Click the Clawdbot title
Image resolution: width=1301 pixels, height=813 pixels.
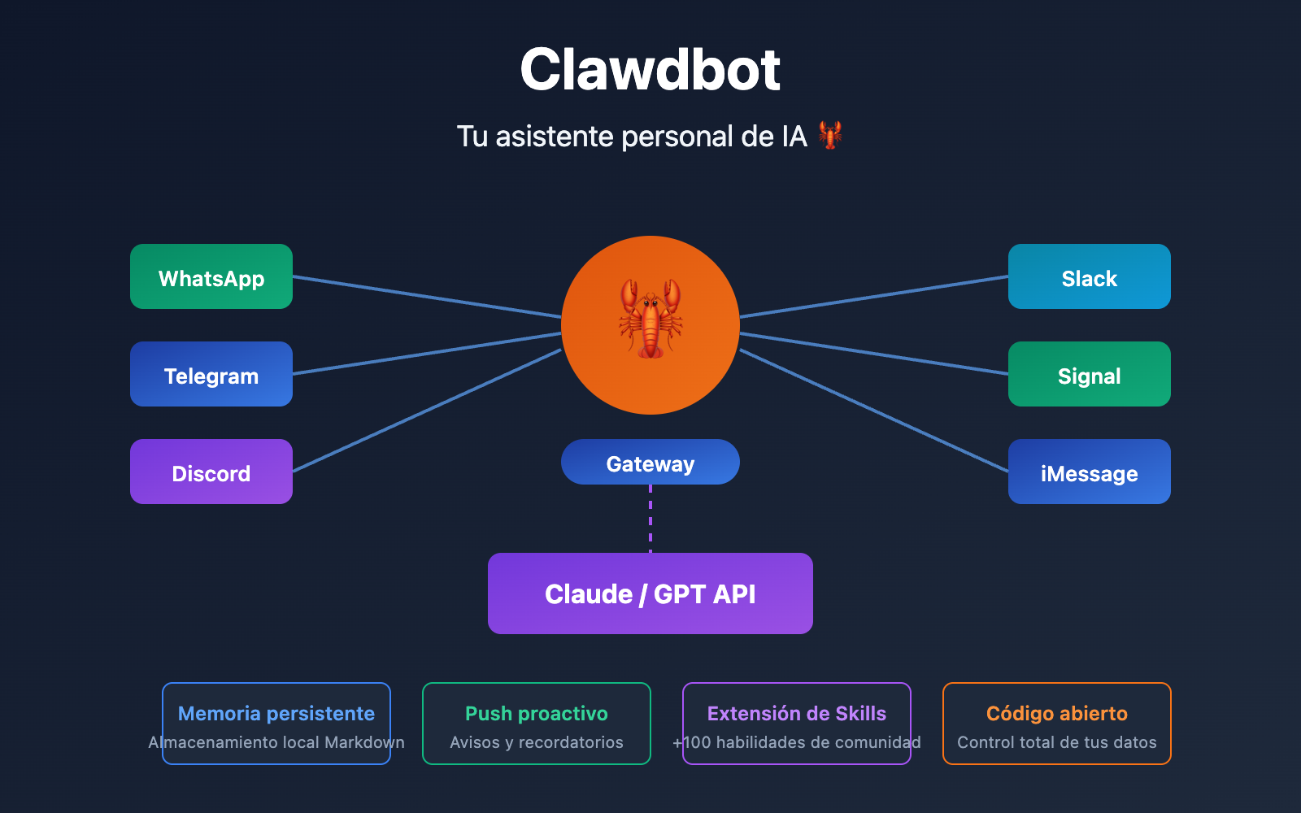point(650,70)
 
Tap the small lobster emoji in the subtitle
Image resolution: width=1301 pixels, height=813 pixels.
point(829,135)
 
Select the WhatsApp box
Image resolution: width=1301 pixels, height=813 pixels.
point(211,276)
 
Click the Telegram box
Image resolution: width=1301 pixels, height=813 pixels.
point(211,374)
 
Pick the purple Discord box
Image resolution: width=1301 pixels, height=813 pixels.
point(211,472)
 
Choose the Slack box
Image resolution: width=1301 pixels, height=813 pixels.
point(1090,276)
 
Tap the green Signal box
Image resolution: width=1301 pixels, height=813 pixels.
point(1090,374)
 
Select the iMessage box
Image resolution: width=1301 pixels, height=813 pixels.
point(1090,472)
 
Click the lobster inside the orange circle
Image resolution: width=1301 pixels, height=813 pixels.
point(650,319)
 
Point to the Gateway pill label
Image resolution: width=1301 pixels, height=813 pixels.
point(650,463)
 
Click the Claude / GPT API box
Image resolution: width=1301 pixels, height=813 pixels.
point(650,593)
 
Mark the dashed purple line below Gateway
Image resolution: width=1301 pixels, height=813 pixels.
point(650,519)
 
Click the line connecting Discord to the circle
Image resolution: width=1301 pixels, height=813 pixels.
point(427,411)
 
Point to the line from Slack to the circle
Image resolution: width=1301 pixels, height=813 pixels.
point(874,297)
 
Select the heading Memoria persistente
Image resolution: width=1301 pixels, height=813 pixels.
point(276,713)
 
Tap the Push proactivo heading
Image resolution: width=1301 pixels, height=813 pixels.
point(537,713)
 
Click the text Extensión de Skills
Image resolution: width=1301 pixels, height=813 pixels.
point(797,713)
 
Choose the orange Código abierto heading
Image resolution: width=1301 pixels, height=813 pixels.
point(1057,713)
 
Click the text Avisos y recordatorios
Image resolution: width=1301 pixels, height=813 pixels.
point(537,742)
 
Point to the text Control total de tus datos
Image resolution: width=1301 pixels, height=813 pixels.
point(1057,742)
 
